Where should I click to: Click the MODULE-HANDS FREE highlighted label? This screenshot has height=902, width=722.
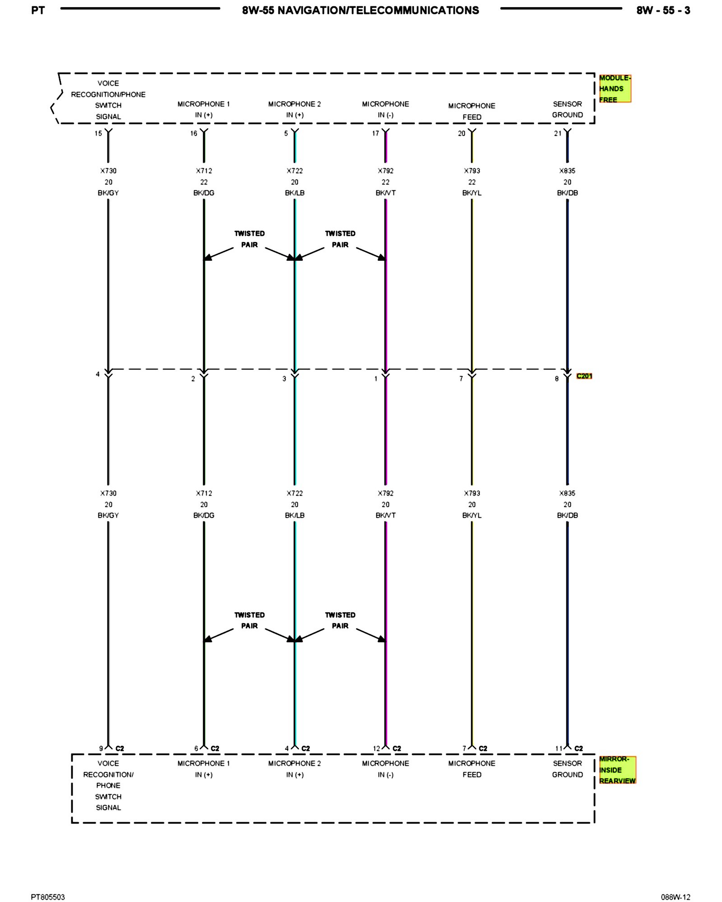click(614, 89)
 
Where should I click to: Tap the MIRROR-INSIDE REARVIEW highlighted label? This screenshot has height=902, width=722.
click(617, 770)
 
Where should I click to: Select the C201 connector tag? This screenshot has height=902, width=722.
click(584, 376)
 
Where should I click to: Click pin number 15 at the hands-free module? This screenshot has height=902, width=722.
click(98, 133)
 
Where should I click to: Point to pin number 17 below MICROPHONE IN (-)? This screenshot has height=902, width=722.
click(375, 133)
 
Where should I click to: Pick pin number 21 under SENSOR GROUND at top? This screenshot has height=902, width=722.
click(558, 133)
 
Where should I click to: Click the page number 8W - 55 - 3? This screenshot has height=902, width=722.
click(663, 10)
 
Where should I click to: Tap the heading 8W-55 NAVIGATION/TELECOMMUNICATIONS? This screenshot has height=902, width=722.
click(361, 10)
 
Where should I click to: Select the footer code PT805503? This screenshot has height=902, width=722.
click(48, 897)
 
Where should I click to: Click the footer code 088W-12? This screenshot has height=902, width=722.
click(676, 897)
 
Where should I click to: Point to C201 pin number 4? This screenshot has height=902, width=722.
click(97, 374)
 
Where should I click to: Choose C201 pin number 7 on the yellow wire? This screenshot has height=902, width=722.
click(461, 379)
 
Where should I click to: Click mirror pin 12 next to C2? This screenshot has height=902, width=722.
click(376, 749)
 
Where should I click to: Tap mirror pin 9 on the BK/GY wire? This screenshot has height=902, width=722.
click(101, 749)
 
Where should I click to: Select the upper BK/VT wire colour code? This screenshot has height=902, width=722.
click(385, 193)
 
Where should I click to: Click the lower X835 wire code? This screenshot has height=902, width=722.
click(567, 493)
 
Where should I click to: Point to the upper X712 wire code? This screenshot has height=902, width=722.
click(204, 171)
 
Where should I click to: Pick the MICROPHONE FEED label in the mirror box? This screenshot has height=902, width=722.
click(472, 769)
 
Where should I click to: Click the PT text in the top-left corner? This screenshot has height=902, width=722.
click(38, 10)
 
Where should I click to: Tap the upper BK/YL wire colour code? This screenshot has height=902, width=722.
click(472, 193)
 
